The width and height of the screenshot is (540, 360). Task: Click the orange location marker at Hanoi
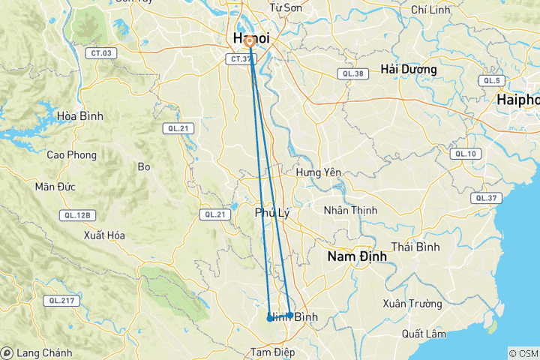click(249, 43)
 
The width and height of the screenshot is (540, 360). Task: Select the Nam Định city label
click(357, 256)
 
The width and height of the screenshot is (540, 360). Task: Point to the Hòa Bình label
click(80, 116)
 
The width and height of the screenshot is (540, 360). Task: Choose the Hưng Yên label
click(319, 172)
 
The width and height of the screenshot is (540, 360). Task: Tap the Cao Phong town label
click(72, 154)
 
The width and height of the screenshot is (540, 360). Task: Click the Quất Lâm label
click(424, 333)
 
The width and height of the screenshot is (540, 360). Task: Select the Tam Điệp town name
click(272, 352)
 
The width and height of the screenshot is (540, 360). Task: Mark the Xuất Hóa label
click(105, 235)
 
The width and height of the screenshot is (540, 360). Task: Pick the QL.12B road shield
click(77, 215)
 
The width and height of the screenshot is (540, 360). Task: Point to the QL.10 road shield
click(463, 154)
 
